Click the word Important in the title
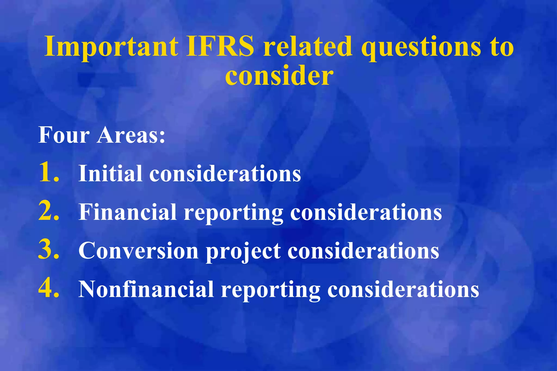coord(111,47)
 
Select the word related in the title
coord(308,47)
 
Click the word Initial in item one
coord(110,173)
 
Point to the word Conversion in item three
coord(138,250)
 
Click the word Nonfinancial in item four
coord(146,289)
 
